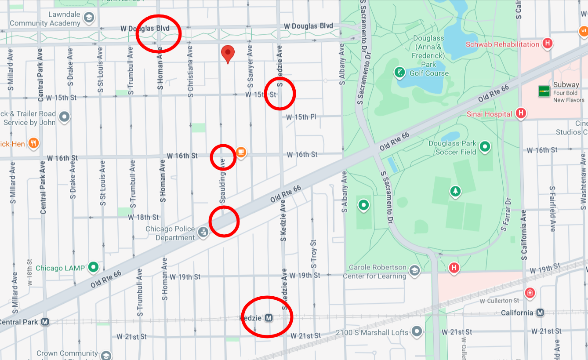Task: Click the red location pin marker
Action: pyautogui.click(x=227, y=54)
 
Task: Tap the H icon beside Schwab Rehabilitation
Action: pyautogui.click(x=547, y=43)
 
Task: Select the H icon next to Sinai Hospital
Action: pyautogui.click(x=521, y=113)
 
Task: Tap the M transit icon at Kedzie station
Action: pyautogui.click(x=269, y=318)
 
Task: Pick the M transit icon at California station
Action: pyautogui.click(x=540, y=313)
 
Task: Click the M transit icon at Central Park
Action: pyautogui.click(x=44, y=322)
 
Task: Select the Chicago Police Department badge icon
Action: pyautogui.click(x=203, y=232)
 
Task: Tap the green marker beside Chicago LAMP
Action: pyautogui.click(x=93, y=267)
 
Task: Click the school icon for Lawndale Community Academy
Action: pyautogui.click(x=89, y=18)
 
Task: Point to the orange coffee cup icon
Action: pyautogui.click(x=241, y=152)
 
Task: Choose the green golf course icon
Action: pyautogui.click(x=399, y=73)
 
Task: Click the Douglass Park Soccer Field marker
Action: pyautogui.click(x=485, y=146)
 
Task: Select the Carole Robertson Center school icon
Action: pyautogui.click(x=414, y=271)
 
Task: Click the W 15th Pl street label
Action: pyautogui.click(x=301, y=117)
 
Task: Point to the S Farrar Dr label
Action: pyautogui.click(x=506, y=214)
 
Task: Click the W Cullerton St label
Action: pyautogui.click(x=499, y=301)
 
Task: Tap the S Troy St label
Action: pyautogui.click(x=313, y=254)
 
